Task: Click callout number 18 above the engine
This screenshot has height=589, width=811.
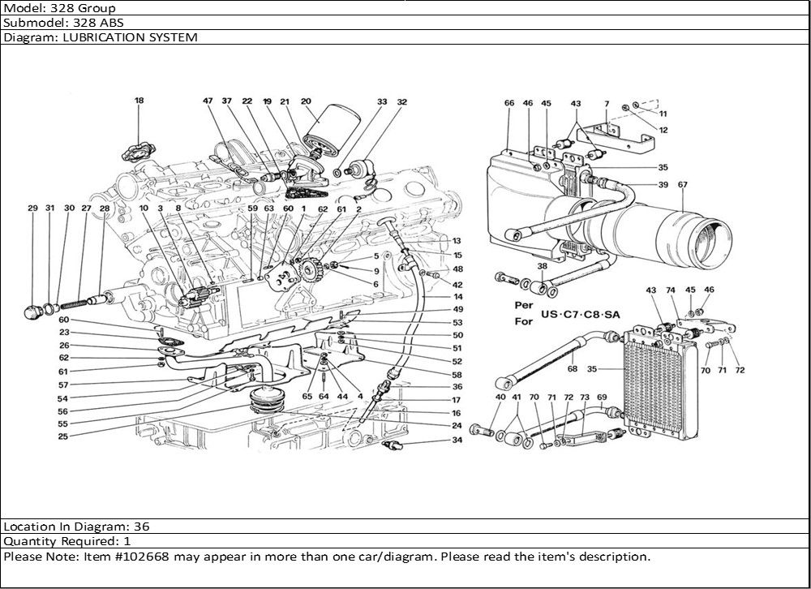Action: pyautogui.click(x=139, y=101)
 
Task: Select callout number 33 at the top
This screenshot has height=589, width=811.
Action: pyautogui.click(x=382, y=102)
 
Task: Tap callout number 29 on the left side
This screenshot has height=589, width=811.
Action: pyautogui.click(x=32, y=209)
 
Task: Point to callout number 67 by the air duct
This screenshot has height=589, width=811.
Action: pyautogui.click(x=682, y=185)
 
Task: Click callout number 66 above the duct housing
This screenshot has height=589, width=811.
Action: pyautogui.click(x=509, y=103)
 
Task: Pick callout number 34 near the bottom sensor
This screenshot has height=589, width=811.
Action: pyautogui.click(x=457, y=441)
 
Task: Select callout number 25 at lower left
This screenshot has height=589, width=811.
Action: pyautogui.click(x=62, y=436)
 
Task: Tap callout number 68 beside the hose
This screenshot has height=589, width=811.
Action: pyautogui.click(x=573, y=368)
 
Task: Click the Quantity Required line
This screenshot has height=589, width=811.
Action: pyautogui.click(x=67, y=541)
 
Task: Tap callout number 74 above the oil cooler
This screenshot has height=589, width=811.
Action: pyautogui.click(x=670, y=290)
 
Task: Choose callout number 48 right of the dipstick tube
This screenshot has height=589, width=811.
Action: pyautogui.click(x=457, y=269)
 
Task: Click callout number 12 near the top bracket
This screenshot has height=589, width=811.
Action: pyautogui.click(x=663, y=129)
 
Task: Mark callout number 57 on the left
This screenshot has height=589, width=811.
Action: pyautogui.click(x=62, y=385)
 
